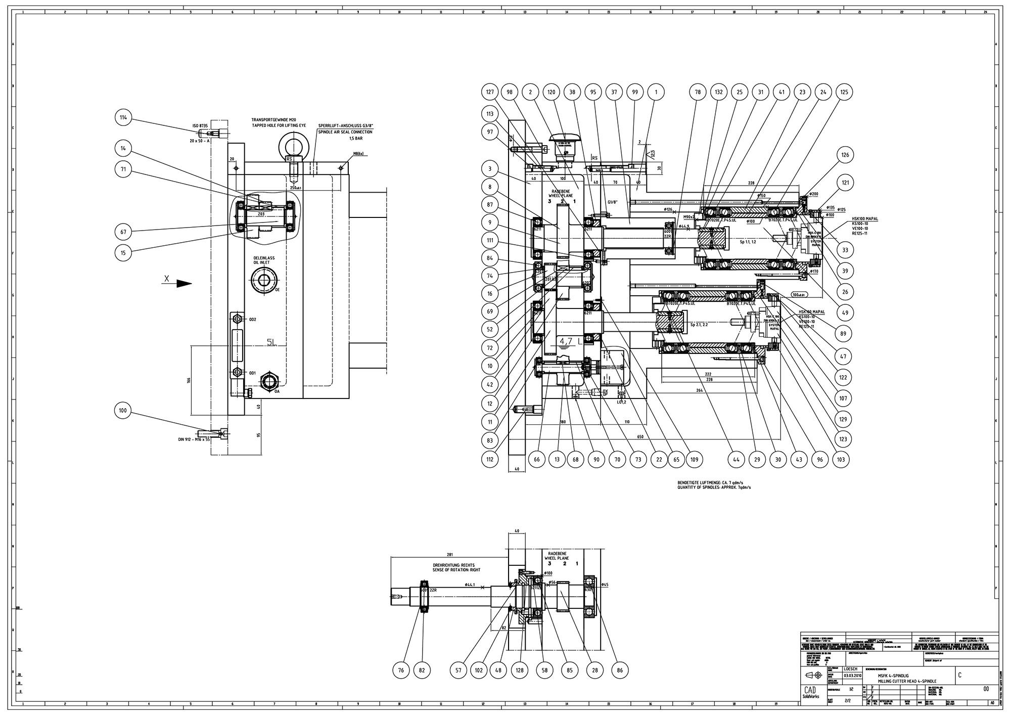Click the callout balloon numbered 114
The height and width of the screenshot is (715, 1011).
(x=123, y=118)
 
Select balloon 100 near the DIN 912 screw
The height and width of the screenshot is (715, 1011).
(x=123, y=411)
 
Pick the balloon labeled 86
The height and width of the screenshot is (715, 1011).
(x=620, y=671)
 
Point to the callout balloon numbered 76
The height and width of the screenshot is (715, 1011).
(x=401, y=671)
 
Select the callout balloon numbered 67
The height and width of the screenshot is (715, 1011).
(x=123, y=232)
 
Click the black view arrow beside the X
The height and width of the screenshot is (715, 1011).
(x=184, y=284)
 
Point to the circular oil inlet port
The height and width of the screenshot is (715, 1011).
(x=264, y=280)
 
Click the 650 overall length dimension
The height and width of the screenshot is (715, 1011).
(x=640, y=436)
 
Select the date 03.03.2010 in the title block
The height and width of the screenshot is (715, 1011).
(x=853, y=675)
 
